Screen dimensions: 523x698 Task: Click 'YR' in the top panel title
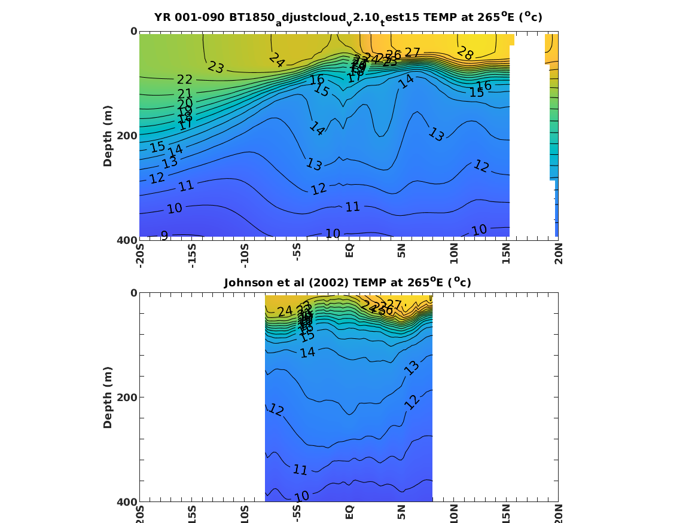[162, 17]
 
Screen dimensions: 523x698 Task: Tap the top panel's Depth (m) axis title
[108, 135]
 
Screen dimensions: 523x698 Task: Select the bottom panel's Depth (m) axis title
[108, 397]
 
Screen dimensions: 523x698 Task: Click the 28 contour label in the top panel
[465, 54]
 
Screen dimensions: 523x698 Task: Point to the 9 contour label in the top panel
[164, 235]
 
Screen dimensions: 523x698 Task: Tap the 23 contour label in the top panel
[216, 68]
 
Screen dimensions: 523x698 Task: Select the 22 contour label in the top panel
[185, 80]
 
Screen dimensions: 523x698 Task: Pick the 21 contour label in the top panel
[185, 94]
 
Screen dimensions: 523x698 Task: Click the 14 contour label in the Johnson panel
[307, 353]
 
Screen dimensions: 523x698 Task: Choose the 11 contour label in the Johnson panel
[300, 470]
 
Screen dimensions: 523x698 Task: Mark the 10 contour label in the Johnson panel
[301, 496]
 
